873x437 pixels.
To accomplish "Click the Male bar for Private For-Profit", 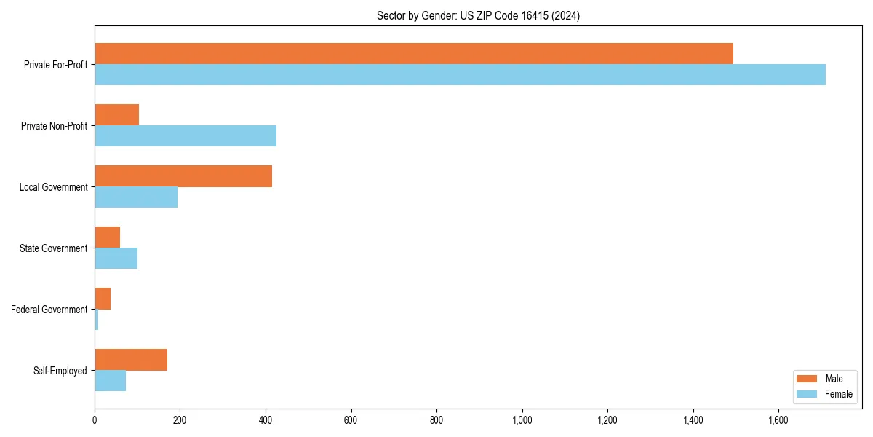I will tap(414, 53).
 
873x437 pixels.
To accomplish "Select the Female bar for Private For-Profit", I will tap(460, 74).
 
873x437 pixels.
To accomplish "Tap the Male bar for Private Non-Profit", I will tap(116, 114).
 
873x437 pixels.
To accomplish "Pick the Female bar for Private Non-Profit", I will tap(186, 135).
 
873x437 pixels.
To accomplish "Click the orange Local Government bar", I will tap(183, 176).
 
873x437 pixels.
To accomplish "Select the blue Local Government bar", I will tap(136, 197).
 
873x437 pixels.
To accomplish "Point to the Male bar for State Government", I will tap(107, 237).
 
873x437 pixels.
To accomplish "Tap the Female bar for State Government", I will tap(116, 258).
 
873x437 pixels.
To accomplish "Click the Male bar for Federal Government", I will tap(103, 298).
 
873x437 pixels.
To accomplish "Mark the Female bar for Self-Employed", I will tap(110, 380).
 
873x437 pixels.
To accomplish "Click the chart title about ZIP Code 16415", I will tap(478, 15).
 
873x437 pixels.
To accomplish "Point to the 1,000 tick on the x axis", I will tap(522, 420).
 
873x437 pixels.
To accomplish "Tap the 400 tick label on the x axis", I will tap(266, 420).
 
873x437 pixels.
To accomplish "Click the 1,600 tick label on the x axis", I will tap(778, 420).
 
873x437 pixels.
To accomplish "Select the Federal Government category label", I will tap(49, 310).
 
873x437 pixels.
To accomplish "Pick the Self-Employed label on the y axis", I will tap(60, 371).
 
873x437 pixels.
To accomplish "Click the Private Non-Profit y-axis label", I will tap(54, 126).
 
